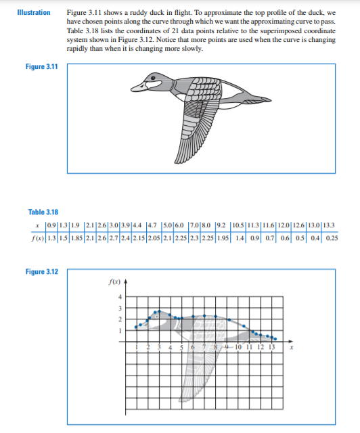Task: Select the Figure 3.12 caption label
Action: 43,271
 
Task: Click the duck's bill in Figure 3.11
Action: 137,87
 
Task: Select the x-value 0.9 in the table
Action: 49,225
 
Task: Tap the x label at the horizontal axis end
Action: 291,348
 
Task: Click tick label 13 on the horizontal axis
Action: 272,348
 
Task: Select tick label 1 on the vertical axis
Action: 120,331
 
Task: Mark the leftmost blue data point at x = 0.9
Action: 136,327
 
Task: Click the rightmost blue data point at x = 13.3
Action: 275,339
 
